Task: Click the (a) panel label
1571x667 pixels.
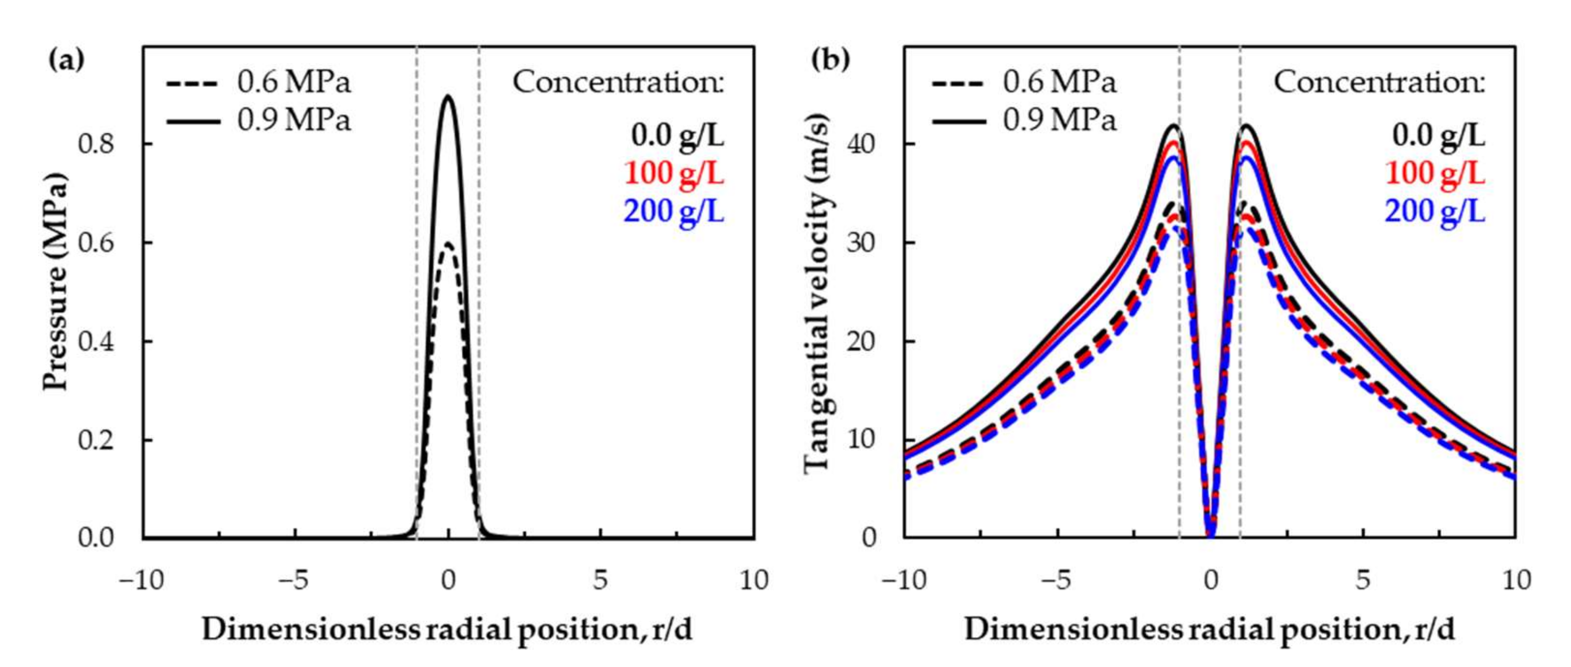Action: pyautogui.click(x=66, y=60)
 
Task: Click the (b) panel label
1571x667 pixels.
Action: pyautogui.click(x=830, y=60)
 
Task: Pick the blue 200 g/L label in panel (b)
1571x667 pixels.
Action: pyautogui.click(x=1435, y=212)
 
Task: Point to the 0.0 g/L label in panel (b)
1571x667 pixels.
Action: pyautogui.click(x=1438, y=135)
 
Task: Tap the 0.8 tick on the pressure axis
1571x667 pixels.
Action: pyautogui.click(x=96, y=144)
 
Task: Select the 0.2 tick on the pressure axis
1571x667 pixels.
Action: pyautogui.click(x=96, y=440)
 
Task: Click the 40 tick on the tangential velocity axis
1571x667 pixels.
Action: pyautogui.click(x=861, y=144)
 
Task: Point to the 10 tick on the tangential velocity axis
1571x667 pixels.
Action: pyautogui.click(x=861, y=439)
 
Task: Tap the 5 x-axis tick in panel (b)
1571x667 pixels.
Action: pyautogui.click(x=1364, y=580)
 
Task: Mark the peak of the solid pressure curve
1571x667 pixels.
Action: pyautogui.click(x=448, y=96)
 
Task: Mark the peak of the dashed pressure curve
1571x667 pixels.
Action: pyautogui.click(x=448, y=244)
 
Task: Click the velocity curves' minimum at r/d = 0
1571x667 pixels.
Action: pyautogui.click(x=1211, y=535)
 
